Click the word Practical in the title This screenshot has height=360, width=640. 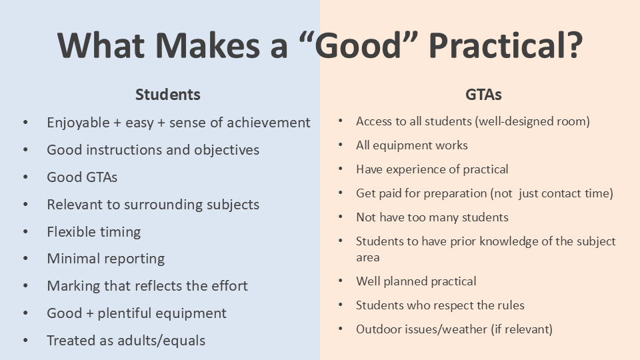[506, 45]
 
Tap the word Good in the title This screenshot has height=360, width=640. [359, 45]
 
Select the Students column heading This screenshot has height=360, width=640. [168, 95]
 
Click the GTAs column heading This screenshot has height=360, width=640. [483, 95]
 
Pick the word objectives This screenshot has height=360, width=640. [227, 150]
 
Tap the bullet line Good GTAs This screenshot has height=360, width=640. [82, 177]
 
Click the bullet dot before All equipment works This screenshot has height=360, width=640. [341, 145]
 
